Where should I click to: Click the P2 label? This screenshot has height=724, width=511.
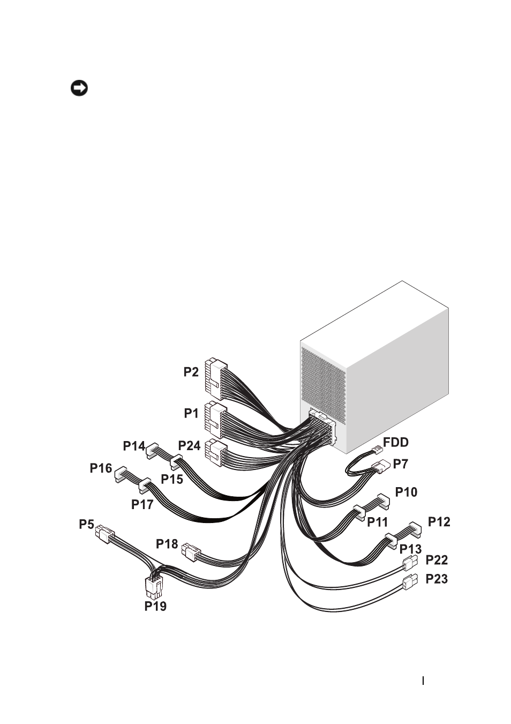[x=191, y=372]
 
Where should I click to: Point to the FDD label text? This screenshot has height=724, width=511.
[x=396, y=442]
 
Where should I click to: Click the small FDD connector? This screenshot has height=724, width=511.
[x=377, y=449]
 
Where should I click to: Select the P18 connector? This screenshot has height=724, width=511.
[x=191, y=552]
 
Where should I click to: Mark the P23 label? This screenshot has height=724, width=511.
[x=437, y=579]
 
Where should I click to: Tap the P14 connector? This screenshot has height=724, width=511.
[x=153, y=451]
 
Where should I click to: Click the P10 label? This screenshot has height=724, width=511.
[x=407, y=492]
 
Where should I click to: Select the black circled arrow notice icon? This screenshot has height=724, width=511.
[x=79, y=88]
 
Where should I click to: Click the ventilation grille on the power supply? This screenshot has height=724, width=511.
[x=323, y=386]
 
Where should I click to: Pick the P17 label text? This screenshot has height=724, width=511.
[x=142, y=504]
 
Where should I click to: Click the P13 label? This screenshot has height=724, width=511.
[x=410, y=549]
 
